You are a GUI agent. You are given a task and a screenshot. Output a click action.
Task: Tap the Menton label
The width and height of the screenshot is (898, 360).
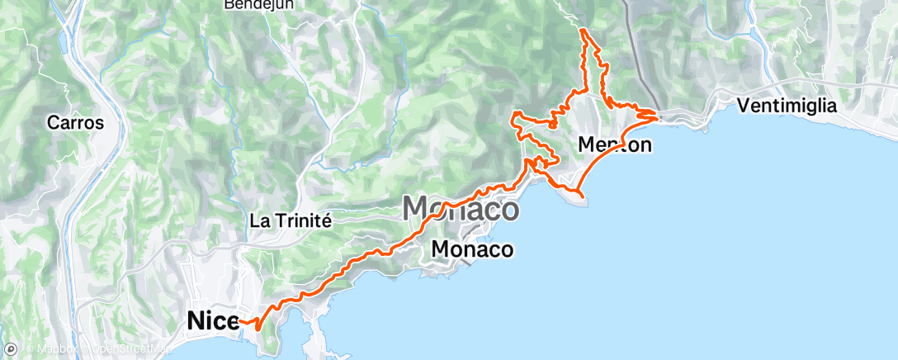pos(616,145)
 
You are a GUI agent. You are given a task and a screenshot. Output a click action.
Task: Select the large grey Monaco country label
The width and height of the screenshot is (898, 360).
pos(461,209)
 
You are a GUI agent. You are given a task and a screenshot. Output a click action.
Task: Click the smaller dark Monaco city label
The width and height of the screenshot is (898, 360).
pos(473,249)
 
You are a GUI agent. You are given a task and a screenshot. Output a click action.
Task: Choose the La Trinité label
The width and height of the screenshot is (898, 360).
pos(290,220)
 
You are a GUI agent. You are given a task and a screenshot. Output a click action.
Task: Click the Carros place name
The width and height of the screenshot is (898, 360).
pos(75,123)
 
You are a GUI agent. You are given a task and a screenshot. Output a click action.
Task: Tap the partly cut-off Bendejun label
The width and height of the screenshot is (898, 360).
pos(259,4)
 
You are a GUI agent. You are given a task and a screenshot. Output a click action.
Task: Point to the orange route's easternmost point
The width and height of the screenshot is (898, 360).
pos(659,116)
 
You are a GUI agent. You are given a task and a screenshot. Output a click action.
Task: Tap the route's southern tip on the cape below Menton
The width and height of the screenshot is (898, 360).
pos(584,197)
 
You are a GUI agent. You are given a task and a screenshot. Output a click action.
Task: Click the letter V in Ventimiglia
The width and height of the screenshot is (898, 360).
pos(742,106)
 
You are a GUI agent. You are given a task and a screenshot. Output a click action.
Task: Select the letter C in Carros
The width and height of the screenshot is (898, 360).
pos(53,123)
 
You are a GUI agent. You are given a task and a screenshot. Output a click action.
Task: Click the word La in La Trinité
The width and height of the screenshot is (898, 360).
pos(258,220)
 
